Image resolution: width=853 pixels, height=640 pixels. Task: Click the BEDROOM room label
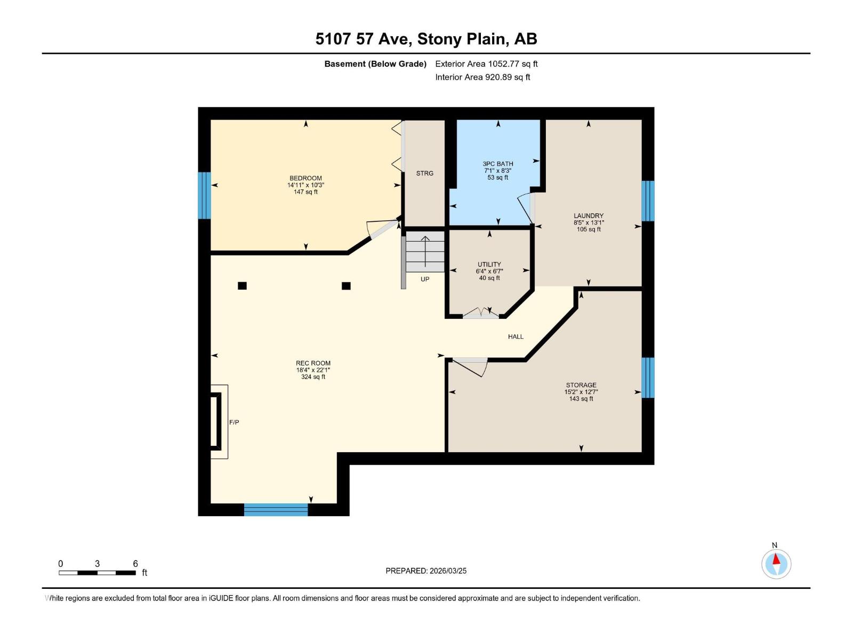pos(305,178)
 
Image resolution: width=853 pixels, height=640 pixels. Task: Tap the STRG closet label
pos(425,173)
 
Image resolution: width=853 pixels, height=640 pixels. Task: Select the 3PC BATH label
pos(498,164)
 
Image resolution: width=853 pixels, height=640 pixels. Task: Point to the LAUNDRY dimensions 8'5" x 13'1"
pos(589,222)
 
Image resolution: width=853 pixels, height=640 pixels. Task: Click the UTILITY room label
pos(489,264)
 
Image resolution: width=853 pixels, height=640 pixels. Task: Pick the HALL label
pos(516,337)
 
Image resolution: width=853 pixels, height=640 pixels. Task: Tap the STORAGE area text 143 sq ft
pos(581,398)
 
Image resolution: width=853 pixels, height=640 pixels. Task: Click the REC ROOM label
pos(313,363)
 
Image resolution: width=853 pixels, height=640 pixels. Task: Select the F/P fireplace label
pos(234,422)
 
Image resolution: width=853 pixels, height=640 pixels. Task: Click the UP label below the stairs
pos(425,279)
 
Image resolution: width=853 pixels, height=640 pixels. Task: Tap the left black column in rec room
pos(242,286)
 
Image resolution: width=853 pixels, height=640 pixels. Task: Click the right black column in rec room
pos(346,286)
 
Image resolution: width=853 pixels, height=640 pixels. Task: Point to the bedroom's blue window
pos(204,195)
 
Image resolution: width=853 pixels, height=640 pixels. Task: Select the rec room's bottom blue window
pos(276,510)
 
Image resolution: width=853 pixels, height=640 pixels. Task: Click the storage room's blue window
pos(648,378)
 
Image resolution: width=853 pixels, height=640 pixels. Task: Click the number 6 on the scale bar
pos(135,564)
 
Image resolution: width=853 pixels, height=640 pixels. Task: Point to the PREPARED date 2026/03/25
pos(448,571)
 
